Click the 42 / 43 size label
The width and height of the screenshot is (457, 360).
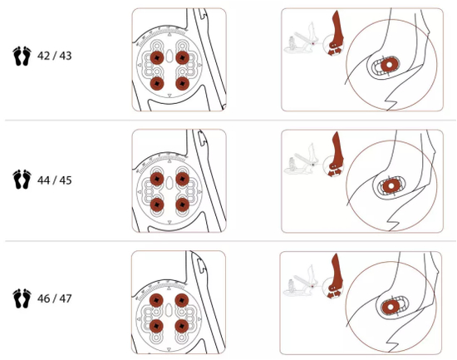[54, 56]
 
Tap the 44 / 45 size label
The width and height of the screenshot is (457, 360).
[54, 180]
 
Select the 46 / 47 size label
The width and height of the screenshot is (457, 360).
[54, 298]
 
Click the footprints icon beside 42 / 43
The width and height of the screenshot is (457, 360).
[22, 56]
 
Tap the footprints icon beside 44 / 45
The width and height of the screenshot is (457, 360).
[22, 179]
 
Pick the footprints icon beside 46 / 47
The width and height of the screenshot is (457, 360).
[22, 298]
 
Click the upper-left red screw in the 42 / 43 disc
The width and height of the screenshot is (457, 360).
[157, 57]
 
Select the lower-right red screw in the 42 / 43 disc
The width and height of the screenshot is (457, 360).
[183, 83]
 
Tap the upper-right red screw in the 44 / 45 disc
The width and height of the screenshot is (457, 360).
[183, 179]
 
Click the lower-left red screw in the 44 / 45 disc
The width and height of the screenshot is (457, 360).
[157, 205]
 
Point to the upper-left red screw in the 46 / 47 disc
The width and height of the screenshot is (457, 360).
[156, 300]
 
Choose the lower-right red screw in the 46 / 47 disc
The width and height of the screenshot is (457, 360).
[182, 326]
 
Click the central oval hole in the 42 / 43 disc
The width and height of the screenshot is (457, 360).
[170, 56]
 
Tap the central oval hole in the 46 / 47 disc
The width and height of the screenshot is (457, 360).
[169, 309]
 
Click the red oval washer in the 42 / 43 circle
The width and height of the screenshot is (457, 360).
[390, 65]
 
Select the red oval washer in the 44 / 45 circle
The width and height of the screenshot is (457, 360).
[391, 186]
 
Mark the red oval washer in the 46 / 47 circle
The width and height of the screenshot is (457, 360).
[391, 306]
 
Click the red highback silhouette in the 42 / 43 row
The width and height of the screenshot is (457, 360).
[337, 32]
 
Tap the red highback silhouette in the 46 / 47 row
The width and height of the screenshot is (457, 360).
[335, 276]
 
